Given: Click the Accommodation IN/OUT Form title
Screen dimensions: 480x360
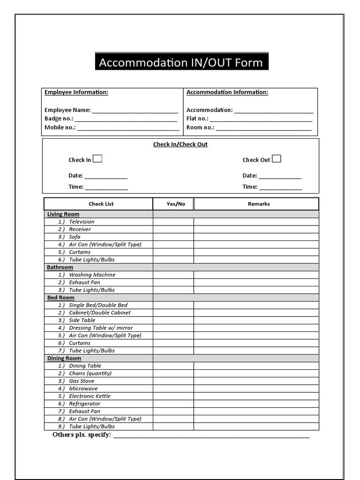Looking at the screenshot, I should [181, 62].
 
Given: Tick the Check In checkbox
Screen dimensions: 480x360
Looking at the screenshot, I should [97, 159].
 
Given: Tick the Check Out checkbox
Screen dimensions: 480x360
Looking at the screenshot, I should [277, 159].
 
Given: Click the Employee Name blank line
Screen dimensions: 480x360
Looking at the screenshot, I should [135, 111].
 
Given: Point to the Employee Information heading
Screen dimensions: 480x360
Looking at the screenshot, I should [76, 92].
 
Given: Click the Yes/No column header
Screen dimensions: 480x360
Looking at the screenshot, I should [176, 204].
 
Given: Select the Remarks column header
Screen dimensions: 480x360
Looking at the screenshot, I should [259, 204].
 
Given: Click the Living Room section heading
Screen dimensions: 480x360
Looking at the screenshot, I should [63, 214].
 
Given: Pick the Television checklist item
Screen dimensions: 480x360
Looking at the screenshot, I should [82, 222].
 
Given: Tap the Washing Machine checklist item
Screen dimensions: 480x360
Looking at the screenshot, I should [92, 275].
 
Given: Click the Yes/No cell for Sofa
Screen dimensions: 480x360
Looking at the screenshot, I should [173, 237].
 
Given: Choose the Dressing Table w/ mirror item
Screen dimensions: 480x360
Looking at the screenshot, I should [100, 328].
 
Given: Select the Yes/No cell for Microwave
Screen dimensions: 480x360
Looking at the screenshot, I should [173, 389].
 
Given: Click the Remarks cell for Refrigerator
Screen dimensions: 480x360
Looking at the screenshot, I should [256, 404].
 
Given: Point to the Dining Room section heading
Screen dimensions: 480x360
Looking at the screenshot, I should [64, 358].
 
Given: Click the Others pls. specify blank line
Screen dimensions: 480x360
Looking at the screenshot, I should [211, 436].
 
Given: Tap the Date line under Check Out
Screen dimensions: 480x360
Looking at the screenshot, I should [280, 177].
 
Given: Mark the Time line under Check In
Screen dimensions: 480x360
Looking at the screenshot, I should [106, 188].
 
